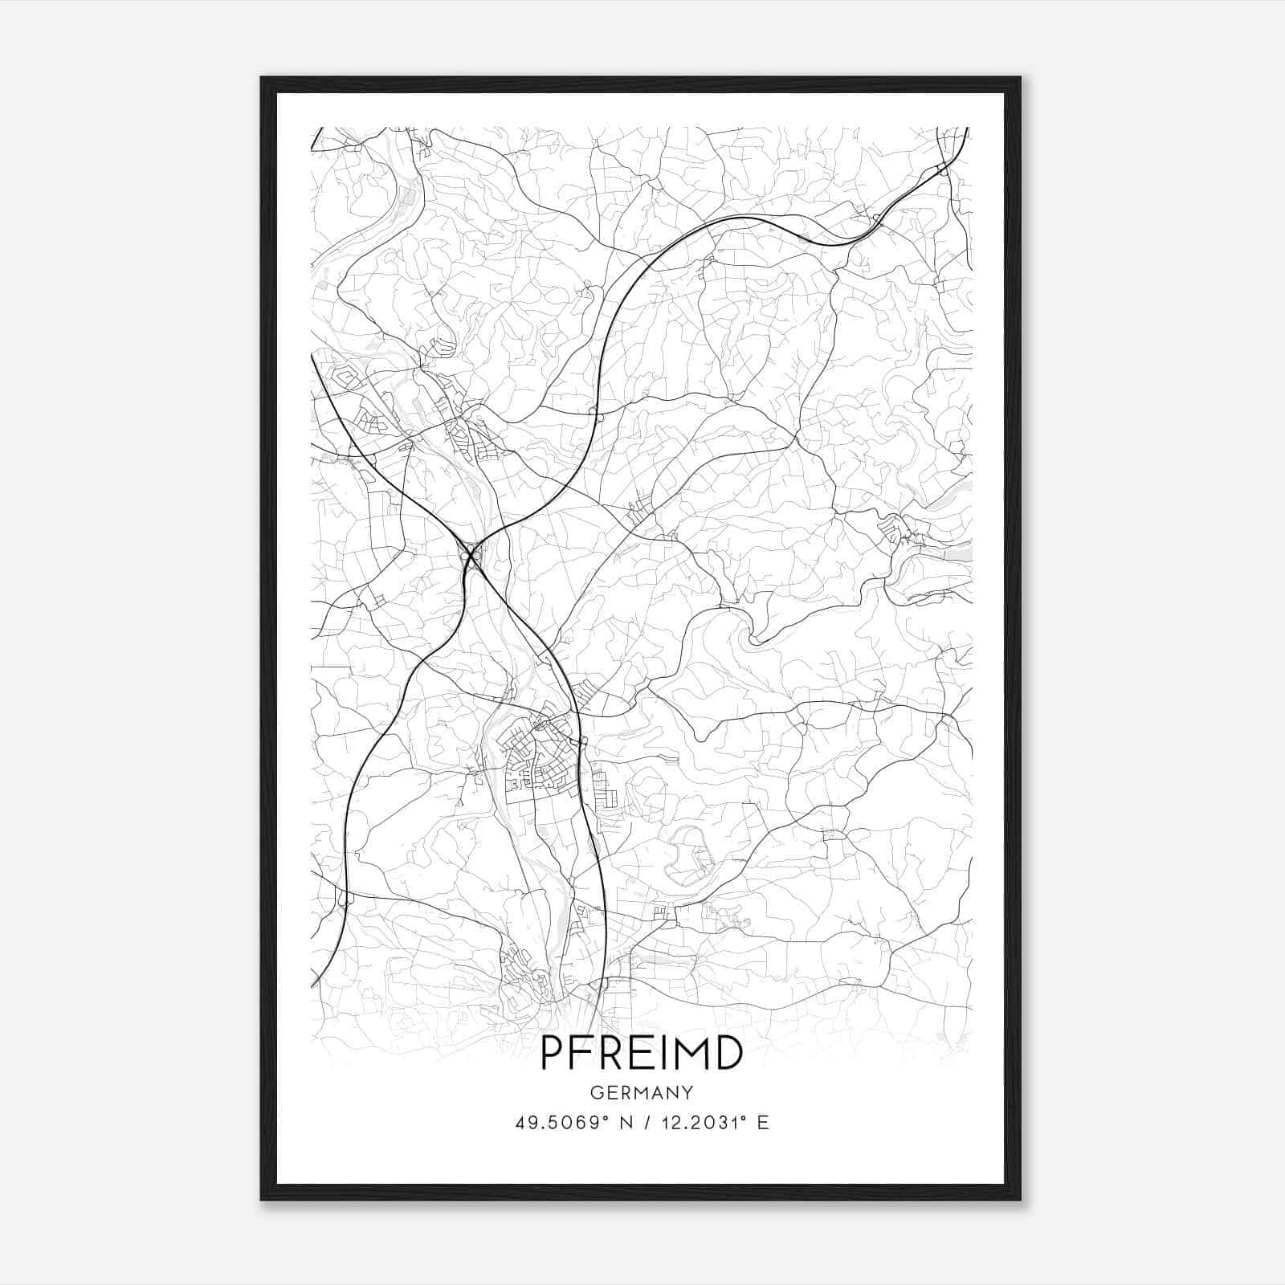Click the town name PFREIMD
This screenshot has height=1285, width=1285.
(642, 1053)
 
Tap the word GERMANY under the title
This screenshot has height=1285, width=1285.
(642, 1093)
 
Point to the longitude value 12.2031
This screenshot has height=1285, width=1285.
(695, 1123)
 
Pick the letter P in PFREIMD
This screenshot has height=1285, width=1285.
(551, 1053)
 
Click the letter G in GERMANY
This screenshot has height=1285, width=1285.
(596, 1093)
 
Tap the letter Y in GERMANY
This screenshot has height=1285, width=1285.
(687, 1093)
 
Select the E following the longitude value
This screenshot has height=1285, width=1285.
(762, 1123)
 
